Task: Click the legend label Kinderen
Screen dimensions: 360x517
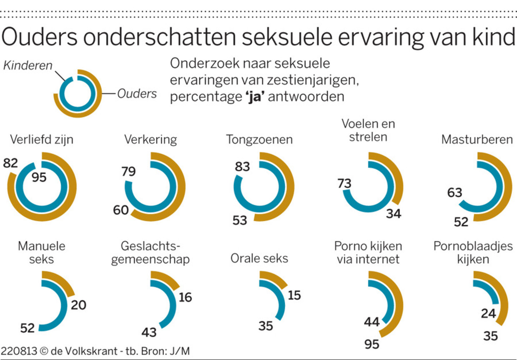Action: [x=28, y=65]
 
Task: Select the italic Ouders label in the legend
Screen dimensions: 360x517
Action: [x=137, y=93]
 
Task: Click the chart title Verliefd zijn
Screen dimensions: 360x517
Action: [x=41, y=139]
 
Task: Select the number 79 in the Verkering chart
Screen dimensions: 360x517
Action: [x=128, y=171]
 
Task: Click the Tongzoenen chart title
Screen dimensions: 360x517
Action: [x=259, y=139]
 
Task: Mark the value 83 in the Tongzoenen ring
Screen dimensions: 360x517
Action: [x=242, y=166]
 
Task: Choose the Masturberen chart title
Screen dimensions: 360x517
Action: [x=477, y=139]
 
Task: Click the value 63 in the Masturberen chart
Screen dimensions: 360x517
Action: [x=454, y=192]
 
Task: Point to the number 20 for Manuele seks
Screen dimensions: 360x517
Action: [x=78, y=305]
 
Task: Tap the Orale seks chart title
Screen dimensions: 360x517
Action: [x=259, y=258]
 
